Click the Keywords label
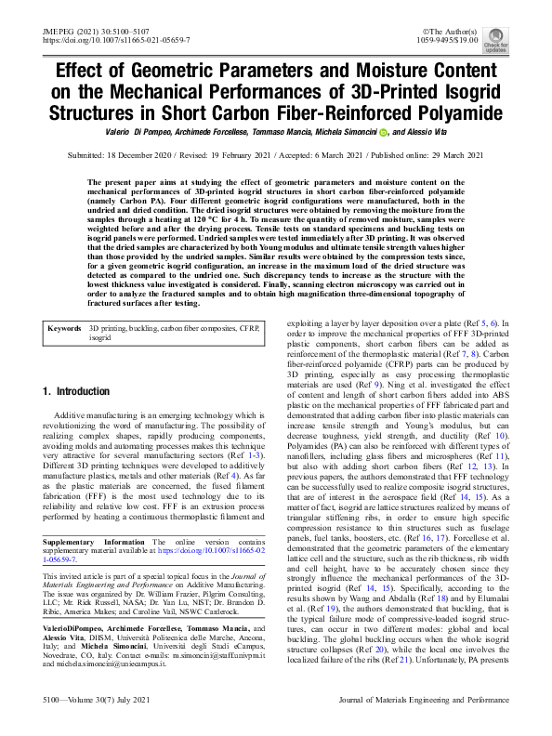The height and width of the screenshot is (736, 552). tap(65, 302)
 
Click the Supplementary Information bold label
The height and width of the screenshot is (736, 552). tap(94, 515)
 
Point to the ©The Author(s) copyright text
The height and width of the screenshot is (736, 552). tap(453, 32)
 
